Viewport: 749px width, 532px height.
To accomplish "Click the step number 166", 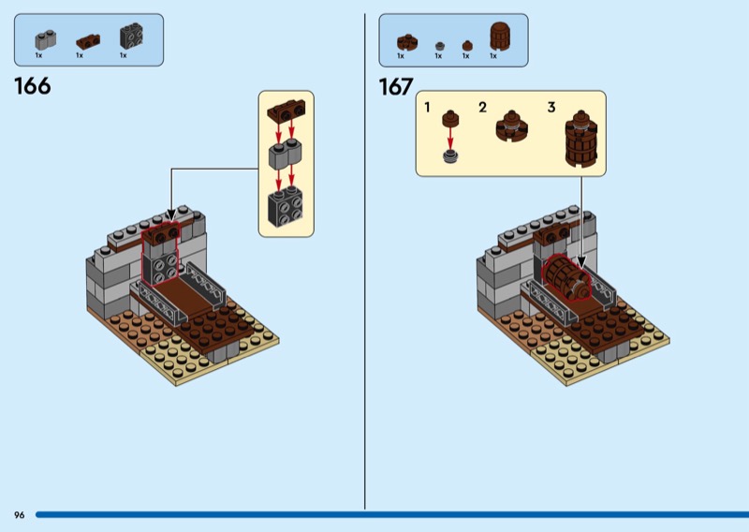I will [33, 87].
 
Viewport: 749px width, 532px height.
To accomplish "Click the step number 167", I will [396, 87].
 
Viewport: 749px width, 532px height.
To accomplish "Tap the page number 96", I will [19, 515].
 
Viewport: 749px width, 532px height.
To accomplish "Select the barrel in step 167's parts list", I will [499, 37].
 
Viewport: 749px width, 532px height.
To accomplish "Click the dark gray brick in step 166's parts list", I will [129, 37].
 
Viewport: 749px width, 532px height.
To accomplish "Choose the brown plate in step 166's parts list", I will [87, 41].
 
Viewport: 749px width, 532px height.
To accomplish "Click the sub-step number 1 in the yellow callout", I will [428, 108].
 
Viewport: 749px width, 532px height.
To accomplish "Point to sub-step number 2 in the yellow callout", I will [482, 108].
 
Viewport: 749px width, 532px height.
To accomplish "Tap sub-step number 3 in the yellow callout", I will [551, 108].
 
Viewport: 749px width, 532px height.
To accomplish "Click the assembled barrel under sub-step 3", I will [580, 140].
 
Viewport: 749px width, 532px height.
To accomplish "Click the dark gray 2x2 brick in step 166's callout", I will [286, 207].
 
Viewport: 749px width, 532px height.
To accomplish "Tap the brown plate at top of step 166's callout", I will [286, 113].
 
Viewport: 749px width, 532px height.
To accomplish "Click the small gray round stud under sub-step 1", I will [450, 155].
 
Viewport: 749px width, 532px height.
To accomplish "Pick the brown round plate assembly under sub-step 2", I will [510, 126].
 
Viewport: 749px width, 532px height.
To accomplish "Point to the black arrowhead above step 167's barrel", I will [580, 265].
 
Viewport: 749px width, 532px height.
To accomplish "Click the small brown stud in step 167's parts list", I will [465, 44].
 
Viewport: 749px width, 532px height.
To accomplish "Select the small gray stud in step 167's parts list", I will [437, 44].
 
